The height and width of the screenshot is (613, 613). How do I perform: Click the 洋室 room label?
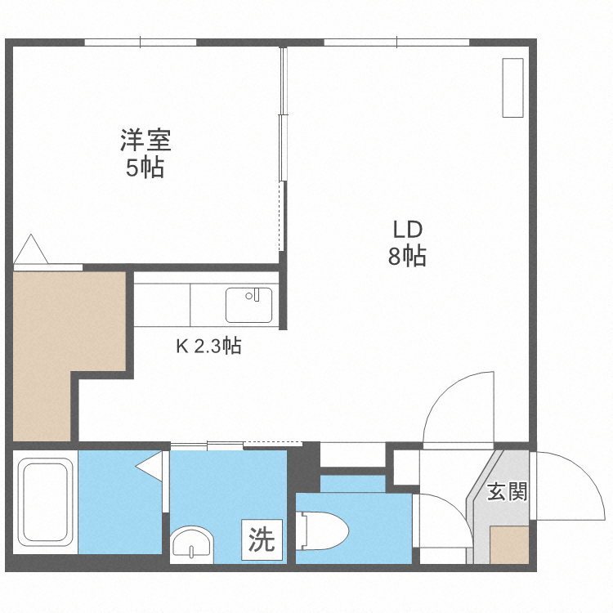coord(145,141)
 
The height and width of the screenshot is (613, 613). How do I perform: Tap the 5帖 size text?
coord(145,168)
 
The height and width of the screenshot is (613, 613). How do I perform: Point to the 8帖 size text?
coord(406,257)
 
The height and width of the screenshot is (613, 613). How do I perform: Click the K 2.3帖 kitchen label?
coord(208,346)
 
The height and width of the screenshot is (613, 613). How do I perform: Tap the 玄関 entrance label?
coord(507,492)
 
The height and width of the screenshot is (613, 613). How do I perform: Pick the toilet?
coord(324,529)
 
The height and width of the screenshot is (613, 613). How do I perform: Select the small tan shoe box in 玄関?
coord(508,545)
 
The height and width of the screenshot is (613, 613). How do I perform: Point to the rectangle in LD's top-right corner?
coord(512,87)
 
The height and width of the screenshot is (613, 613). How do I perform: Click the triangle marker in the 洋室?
coord(32,249)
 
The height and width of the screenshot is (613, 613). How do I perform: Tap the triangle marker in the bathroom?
coord(150,468)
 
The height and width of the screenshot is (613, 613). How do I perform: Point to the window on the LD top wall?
coord(396,42)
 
